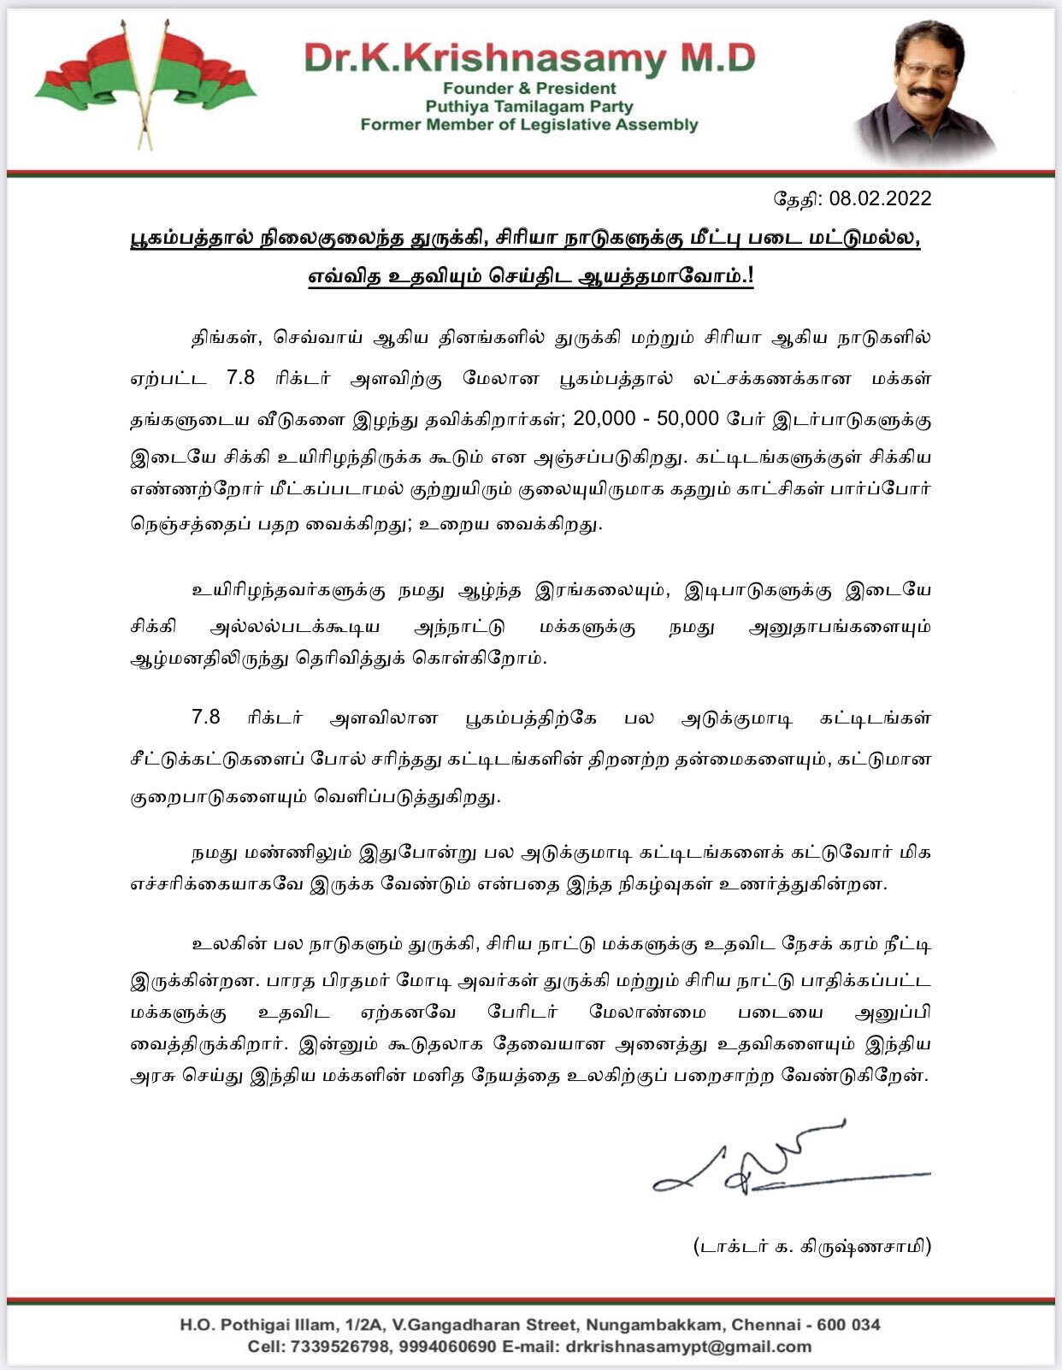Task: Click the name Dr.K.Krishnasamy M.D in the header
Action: pos(529,58)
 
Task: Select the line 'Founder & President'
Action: pos(529,88)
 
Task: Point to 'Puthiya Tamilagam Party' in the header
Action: pos(529,106)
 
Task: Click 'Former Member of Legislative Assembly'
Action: pos(529,125)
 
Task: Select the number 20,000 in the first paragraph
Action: pos(608,418)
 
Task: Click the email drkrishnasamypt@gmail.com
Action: pos(688,1347)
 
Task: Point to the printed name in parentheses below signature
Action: pos(811,1246)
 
